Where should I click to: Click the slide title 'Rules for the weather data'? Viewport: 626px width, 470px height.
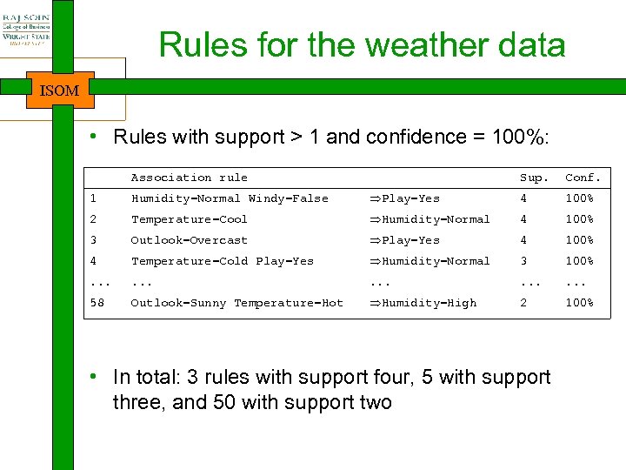pyautogui.click(x=362, y=45)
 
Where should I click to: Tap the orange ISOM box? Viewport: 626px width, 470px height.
pyautogui.click(x=60, y=91)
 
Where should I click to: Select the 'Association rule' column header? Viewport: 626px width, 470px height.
pyautogui.click(x=189, y=178)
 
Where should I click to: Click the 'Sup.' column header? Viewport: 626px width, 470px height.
pyautogui.click(x=534, y=178)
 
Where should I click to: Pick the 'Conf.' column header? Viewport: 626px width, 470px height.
pyautogui.click(x=583, y=178)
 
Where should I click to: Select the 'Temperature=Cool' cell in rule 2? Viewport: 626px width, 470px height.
pyautogui.click(x=189, y=219)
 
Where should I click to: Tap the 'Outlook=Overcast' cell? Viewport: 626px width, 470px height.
pyautogui.click(x=189, y=240)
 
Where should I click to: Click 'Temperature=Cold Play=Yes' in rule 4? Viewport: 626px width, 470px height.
pyautogui.click(x=222, y=261)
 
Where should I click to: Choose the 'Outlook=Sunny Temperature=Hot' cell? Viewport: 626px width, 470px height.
pyautogui.click(x=236, y=303)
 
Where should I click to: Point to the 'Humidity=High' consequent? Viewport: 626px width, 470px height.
pyautogui.click(x=423, y=303)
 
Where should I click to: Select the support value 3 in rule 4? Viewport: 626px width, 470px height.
pyautogui.click(x=523, y=261)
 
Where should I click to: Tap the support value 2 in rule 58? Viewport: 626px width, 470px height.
pyautogui.click(x=523, y=303)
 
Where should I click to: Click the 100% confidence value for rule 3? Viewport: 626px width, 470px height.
pyautogui.click(x=579, y=240)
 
